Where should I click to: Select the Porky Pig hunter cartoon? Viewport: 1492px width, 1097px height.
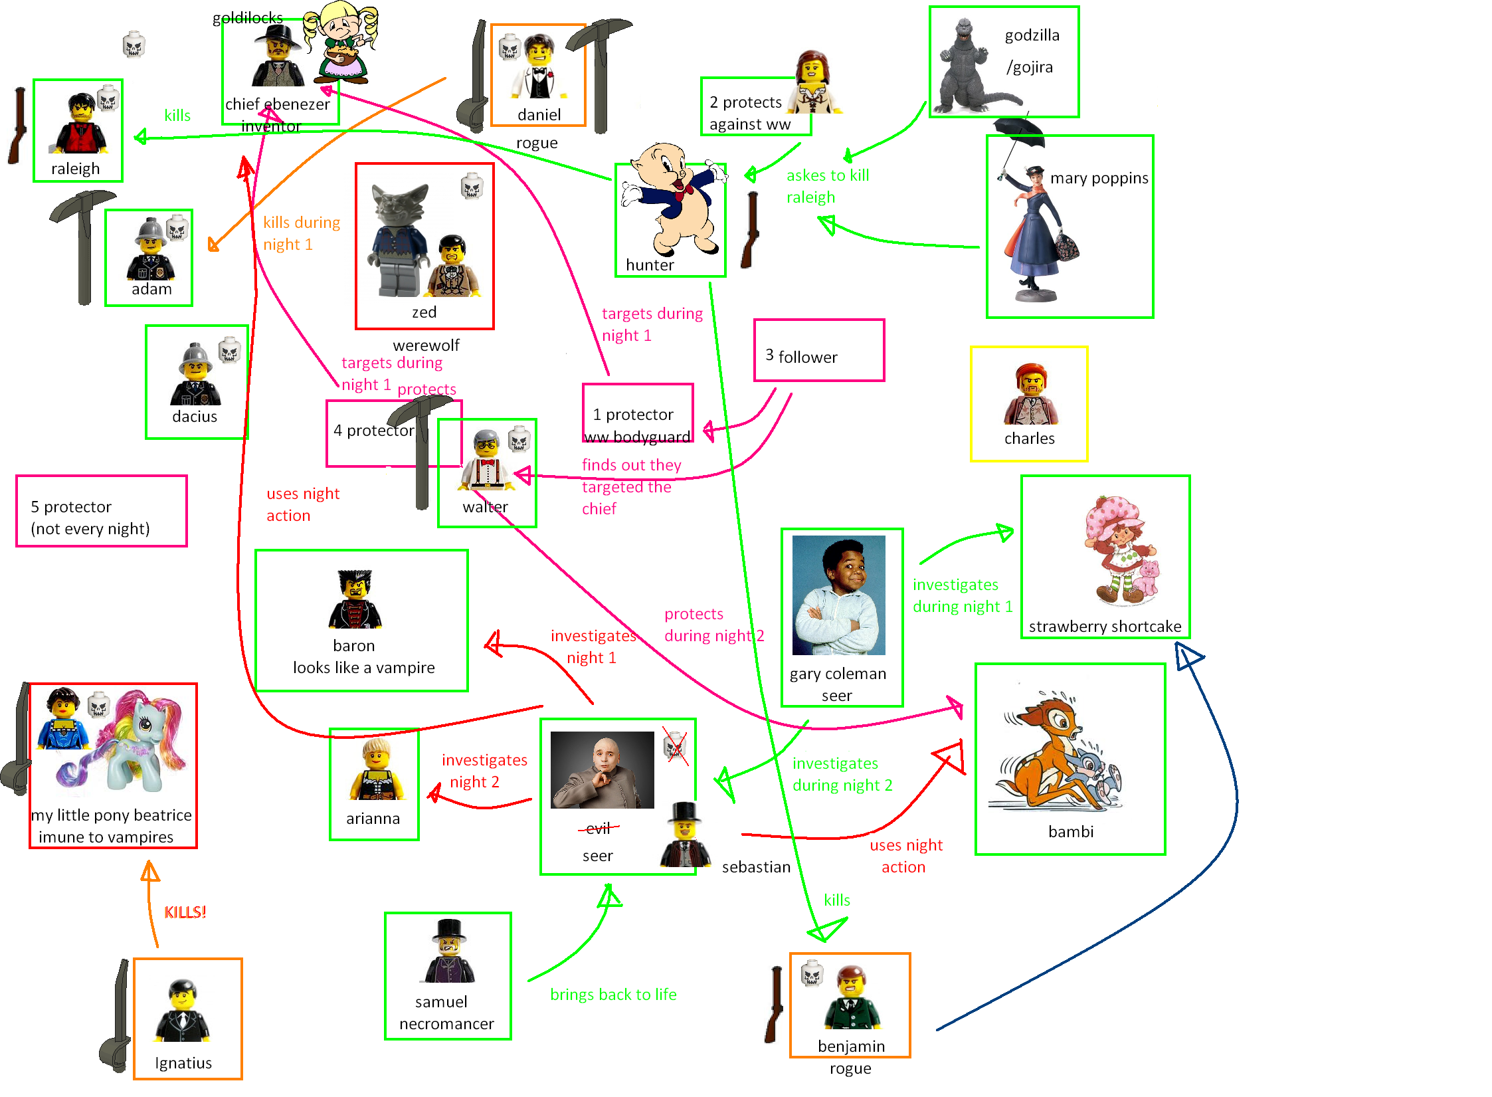[671, 199]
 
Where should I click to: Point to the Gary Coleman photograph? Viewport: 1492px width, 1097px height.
[838, 595]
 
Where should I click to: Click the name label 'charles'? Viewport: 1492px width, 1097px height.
[1029, 439]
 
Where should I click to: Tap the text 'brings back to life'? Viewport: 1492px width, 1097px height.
[613, 995]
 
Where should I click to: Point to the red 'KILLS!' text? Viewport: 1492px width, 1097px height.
[185, 912]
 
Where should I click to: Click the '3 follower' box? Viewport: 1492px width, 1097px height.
[818, 351]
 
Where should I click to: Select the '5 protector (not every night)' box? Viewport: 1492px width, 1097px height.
[101, 512]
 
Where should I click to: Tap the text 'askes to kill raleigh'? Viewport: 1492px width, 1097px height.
[827, 186]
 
